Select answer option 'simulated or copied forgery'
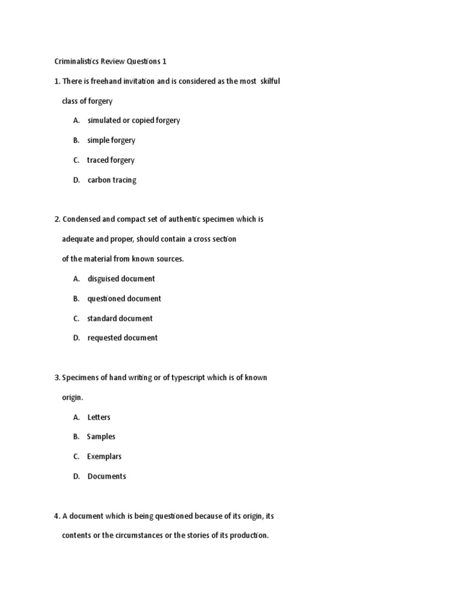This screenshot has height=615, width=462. tap(134, 120)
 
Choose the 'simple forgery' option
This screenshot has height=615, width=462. tap(111, 140)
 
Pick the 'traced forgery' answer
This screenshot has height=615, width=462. tap(111, 160)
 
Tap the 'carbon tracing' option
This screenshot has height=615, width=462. tap(112, 180)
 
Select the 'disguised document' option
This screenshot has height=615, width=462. tap(121, 279)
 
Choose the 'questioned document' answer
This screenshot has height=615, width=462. tap(124, 298)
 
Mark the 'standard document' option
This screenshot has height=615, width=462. tap(120, 318)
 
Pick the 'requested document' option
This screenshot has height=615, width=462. tap(123, 338)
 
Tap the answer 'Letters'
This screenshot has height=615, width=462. tap(99, 417)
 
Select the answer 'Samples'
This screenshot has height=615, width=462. tap(101, 437)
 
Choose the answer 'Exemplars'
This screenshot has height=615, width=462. tap(103, 456)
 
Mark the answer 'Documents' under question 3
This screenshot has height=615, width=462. tap(106, 476)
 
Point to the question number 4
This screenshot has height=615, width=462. tap(57, 516)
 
